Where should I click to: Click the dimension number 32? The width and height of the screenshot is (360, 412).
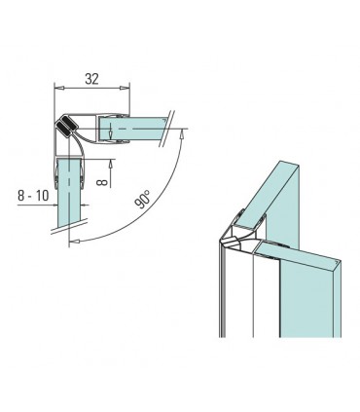[x=91, y=79]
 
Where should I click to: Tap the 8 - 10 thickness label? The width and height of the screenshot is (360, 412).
[x=33, y=196]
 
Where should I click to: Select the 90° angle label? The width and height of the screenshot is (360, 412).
[x=143, y=199]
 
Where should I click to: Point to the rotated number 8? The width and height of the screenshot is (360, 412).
[x=102, y=182]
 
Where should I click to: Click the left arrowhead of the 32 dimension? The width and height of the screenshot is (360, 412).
[x=59, y=88]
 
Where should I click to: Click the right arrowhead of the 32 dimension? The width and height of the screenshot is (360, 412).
[x=125, y=88]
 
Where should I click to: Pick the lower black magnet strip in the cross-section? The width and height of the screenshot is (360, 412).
[x=62, y=129]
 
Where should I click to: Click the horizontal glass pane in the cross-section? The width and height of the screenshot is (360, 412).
[x=132, y=130]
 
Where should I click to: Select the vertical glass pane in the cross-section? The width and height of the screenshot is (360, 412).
[x=69, y=193]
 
